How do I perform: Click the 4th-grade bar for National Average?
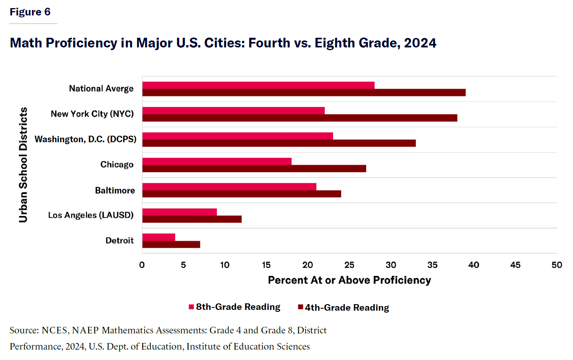(x=304, y=93)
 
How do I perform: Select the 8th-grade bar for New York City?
(x=233, y=111)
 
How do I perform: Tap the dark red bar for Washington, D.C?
(x=279, y=143)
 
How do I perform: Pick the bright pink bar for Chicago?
(x=217, y=161)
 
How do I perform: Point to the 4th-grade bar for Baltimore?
(x=242, y=194)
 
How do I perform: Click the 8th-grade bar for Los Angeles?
(x=179, y=212)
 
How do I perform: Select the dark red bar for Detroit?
(x=171, y=244)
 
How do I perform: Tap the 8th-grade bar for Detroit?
(x=158, y=237)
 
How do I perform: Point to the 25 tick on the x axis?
(x=349, y=265)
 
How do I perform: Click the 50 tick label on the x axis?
(x=556, y=265)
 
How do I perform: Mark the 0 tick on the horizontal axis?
(x=142, y=265)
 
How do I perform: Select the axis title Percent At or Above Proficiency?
(x=349, y=280)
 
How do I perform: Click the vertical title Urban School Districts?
(x=24, y=165)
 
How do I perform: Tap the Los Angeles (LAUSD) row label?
(x=91, y=215)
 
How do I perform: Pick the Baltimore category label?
(x=115, y=190)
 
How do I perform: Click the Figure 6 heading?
(x=30, y=12)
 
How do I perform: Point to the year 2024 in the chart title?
(x=420, y=43)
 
